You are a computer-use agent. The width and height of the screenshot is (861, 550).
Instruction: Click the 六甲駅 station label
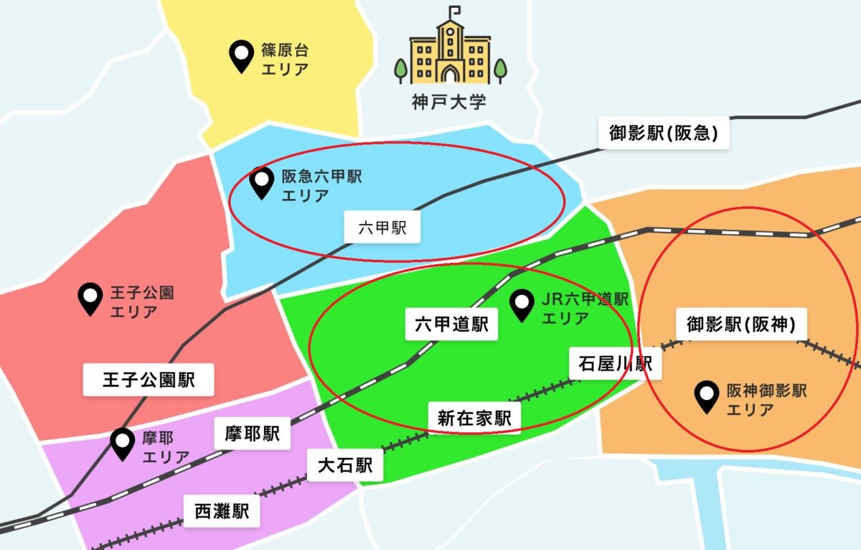[x=382, y=230]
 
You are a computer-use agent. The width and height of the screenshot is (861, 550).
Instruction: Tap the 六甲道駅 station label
[x=451, y=325]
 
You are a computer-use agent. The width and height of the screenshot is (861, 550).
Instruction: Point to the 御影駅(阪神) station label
[x=741, y=325]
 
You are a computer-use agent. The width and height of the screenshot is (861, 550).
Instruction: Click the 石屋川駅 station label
[x=615, y=363]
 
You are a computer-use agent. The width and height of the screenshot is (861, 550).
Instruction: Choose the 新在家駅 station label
[x=474, y=418]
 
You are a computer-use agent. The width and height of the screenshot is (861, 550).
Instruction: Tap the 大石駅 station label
[x=345, y=466]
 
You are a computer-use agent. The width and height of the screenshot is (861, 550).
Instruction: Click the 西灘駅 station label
[x=222, y=511]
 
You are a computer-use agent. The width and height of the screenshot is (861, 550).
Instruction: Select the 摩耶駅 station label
[x=251, y=434]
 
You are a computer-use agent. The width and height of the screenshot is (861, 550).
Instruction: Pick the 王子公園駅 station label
[x=149, y=380]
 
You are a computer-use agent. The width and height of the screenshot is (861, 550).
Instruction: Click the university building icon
[x=450, y=52]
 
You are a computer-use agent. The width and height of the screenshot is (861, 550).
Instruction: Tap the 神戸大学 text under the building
[x=449, y=101]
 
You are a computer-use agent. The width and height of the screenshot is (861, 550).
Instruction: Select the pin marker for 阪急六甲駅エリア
[x=261, y=183]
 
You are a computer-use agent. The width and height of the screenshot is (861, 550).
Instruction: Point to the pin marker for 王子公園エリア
[x=90, y=299]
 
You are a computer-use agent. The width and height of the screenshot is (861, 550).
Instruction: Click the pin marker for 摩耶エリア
[x=123, y=443]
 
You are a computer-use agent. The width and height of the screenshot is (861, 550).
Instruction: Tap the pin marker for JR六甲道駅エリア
[x=522, y=304]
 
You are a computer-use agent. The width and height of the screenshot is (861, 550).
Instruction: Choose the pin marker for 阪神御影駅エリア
[x=707, y=397]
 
